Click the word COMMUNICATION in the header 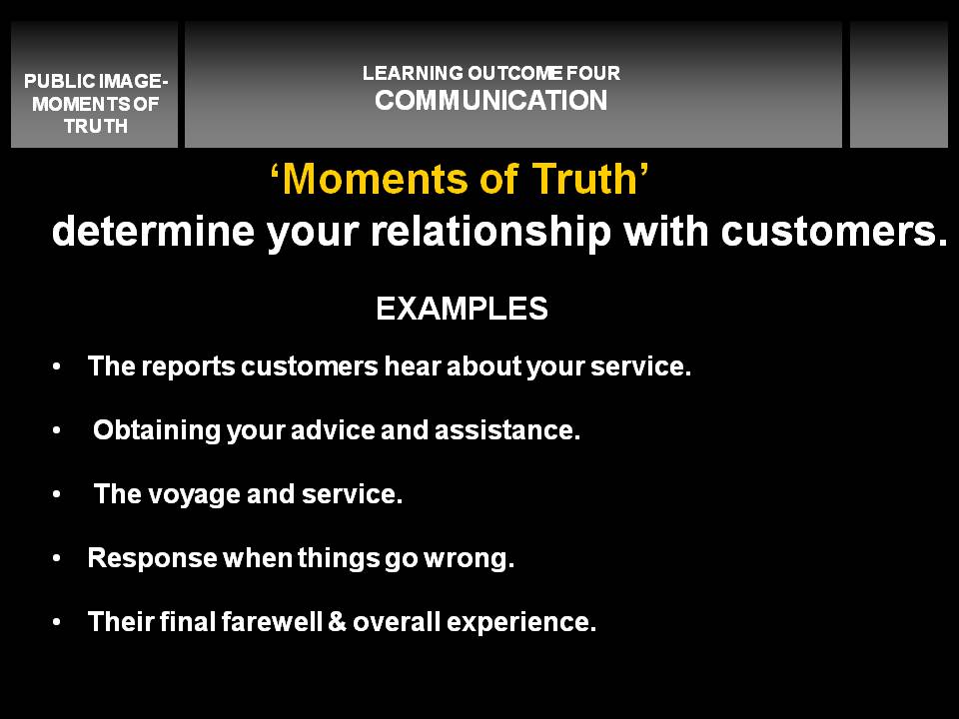point(491,100)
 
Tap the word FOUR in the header point(592,73)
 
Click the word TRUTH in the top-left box point(96,126)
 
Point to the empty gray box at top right point(898,84)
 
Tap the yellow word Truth point(584,179)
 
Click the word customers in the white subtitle point(834,232)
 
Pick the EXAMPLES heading point(462,309)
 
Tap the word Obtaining point(157,430)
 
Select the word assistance point(507,430)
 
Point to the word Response point(152,558)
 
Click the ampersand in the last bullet point(337,622)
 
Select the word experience point(521,622)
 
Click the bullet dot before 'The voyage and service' point(57,494)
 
